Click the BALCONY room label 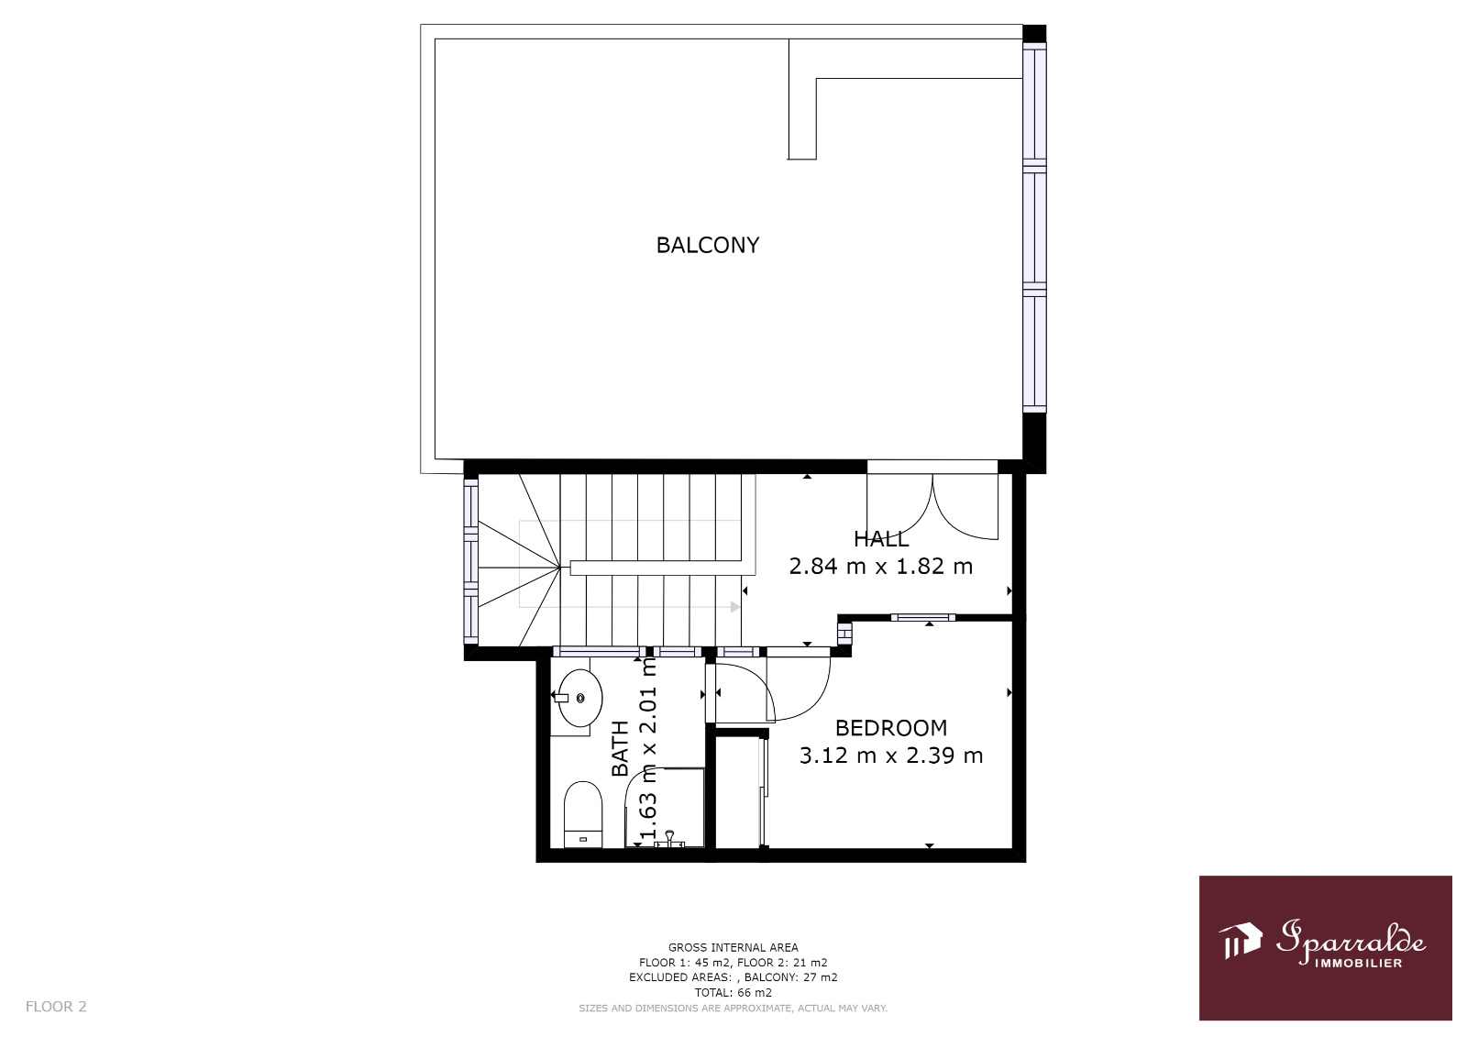pyautogui.click(x=707, y=245)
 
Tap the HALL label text pyautogui.click(x=881, y=539)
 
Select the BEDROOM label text pyautogui.click(x=890, y=728)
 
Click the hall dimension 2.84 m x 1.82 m pyautogui.click(x=881, y=566)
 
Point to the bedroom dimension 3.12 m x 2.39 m pyautogui.click(x=890, y=756)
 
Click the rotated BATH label pyautogui.click(x=620, y=749)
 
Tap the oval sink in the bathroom pyautogui.click(x=580, y=699)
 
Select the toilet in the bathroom pyautogui.click(x=583, y=814)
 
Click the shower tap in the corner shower pyautogui.click(x=669, y=839)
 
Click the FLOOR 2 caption pyautogui.click(x=56, y=1006)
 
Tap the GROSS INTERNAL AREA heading pyautogui.click(x=733, y=947)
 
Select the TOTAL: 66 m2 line pyautogui.click(x=733, y=992)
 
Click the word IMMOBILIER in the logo pyautogui.click(x=1359, y=963)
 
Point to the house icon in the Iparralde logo pyautogui.click(x=1240, y=941)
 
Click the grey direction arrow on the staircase pyautogui.click(x=734, y=607)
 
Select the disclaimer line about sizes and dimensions pyautogui.click(x=733, y=1009)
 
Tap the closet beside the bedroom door pyautogui.click(x=739, y=792)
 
